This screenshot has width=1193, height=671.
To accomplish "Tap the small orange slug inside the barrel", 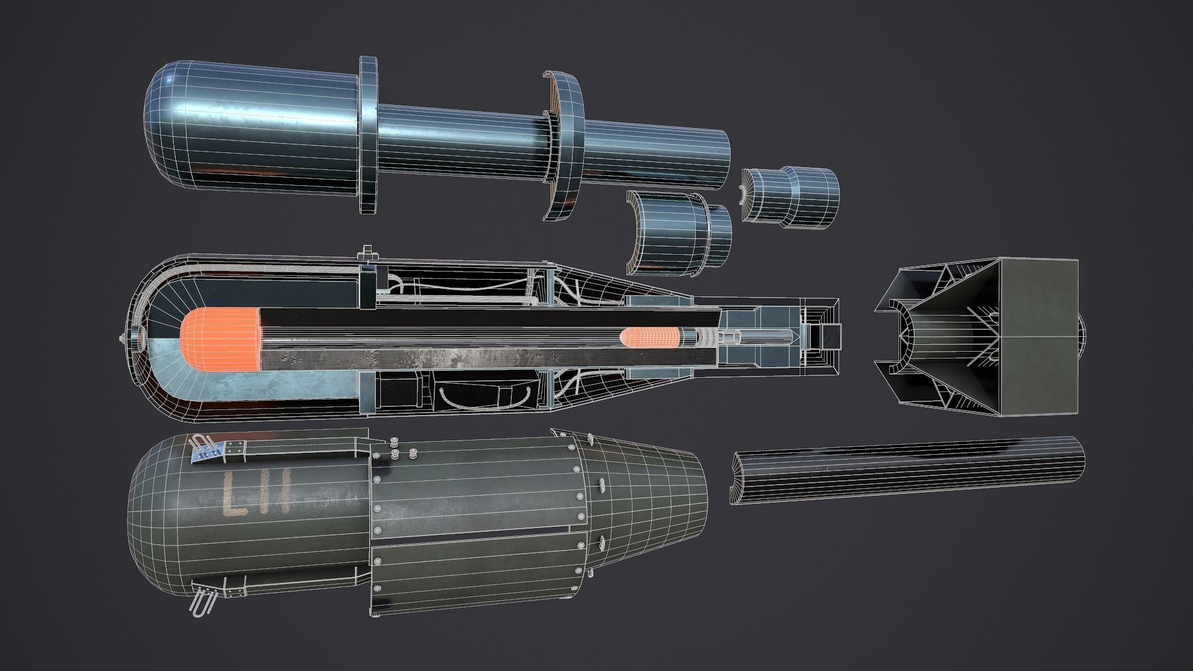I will click(x=650, y=338).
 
